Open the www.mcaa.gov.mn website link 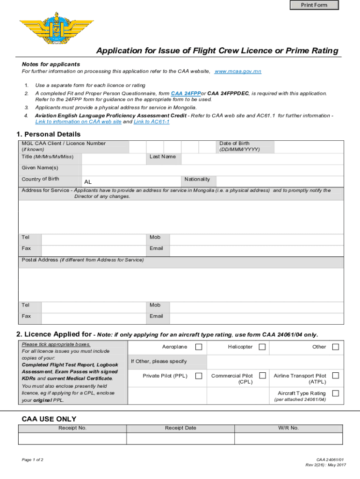[x=238, y=72]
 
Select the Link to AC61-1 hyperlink [x=151, y=122]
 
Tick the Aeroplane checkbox [x=199, y=347]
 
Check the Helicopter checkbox [x=262, y=347]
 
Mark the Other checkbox [x=335, y=347]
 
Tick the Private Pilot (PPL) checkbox [x=199, y=376]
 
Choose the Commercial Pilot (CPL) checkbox [x=262, y=376]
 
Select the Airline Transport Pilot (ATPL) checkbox [x=335, y=376]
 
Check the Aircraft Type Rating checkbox [x=335, y=393]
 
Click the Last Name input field [x=262, y=159]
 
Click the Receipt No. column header [x=72, y=428]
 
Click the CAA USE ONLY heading [x=49, y=419]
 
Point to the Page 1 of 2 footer [x=33, y=460]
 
